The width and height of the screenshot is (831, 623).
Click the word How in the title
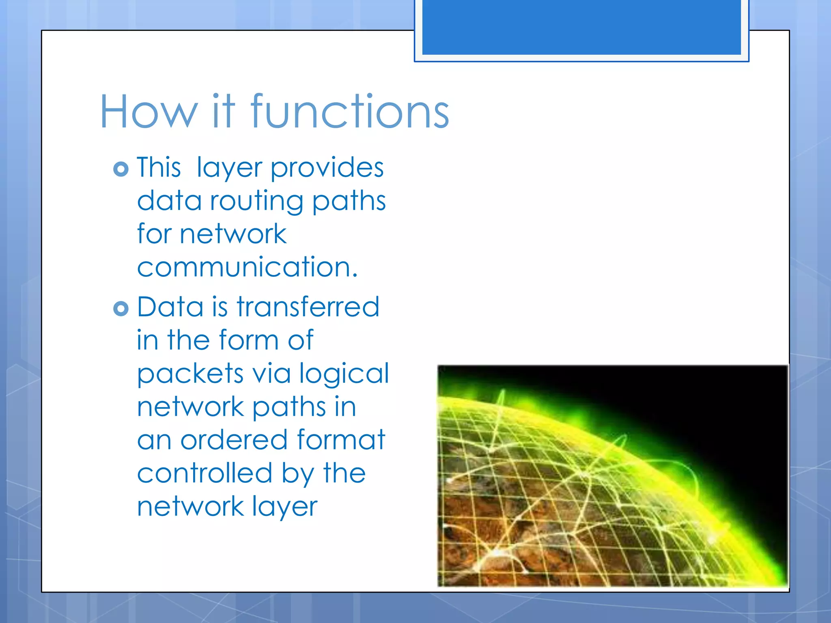pos(149,112)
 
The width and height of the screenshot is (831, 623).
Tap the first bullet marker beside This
pos(121,169)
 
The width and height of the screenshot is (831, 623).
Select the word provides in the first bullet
pos(327,168)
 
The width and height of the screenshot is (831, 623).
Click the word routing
pos(256,202)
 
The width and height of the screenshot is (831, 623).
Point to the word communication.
pos(247,267)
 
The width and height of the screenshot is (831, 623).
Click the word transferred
pos(308,307)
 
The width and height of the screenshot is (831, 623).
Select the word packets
pos(190,374)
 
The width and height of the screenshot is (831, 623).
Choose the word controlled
pos(205,473)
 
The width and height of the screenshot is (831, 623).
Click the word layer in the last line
pos(284,507)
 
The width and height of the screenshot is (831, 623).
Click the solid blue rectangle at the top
pos(581,27)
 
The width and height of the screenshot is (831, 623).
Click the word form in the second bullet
pos(249,340)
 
